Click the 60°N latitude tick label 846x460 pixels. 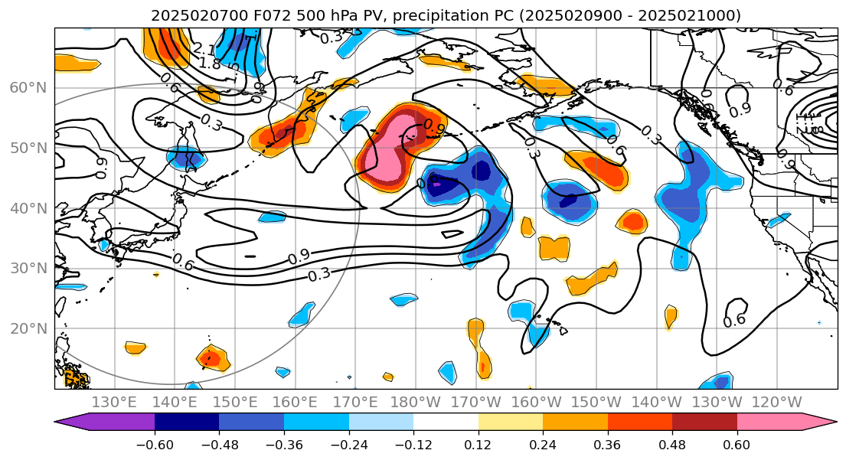pos(28,87)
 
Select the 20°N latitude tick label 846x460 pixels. pos(28,329)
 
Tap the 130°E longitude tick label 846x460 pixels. pos(114,403)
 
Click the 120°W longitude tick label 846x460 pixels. pos(778,403)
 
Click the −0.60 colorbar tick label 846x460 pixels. pos(155,445)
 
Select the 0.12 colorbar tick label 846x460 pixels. pos(479,445)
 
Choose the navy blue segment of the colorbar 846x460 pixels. pos(187,422)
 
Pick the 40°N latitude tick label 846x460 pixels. pos(28,208)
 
